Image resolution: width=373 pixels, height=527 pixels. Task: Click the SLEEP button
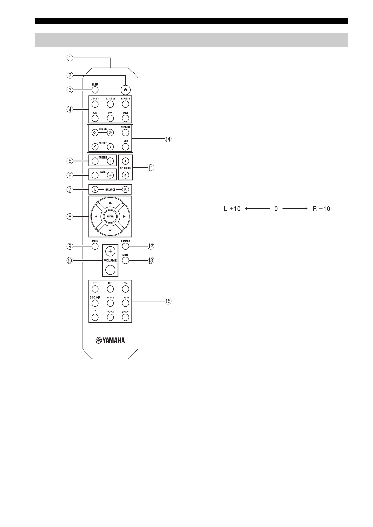tap(95, 90)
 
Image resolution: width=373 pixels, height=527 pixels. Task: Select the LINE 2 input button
tap(110, 104)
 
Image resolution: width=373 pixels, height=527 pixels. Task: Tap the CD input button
tap(95, 118)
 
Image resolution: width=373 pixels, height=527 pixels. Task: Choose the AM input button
tap(126, 118)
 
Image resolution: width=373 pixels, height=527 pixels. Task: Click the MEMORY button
tap(126, 132)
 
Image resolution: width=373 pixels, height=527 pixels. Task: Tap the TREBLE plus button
tap(110, 161)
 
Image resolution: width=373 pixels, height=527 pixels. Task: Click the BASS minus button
tap(95, 175)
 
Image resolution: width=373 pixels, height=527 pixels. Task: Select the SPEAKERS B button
tap(126, 175)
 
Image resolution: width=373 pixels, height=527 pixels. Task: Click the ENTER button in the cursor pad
tap(110, 217)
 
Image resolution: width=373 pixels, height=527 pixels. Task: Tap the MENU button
tap(95, 246)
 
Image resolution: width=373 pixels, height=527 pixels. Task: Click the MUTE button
tap(126, 260)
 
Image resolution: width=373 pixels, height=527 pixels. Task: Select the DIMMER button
tap(126, 246)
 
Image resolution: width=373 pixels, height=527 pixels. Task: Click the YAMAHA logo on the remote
tap(110, 340)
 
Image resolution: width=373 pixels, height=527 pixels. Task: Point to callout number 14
tap(168, 139)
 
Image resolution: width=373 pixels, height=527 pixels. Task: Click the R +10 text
tap(321, 209)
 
